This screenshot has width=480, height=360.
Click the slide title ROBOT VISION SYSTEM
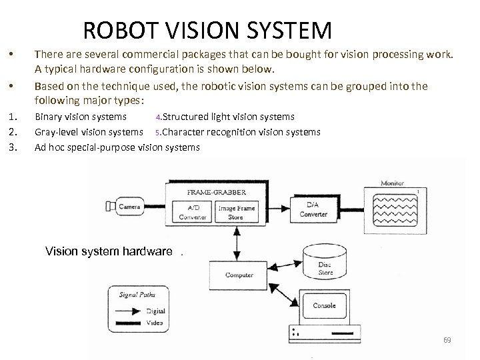coord(207,30)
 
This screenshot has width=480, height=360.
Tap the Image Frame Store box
coord(236,211)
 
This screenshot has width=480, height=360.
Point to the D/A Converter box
coord(313,209)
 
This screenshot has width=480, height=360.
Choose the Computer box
coord(239,274)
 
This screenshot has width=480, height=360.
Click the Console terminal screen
coord(325,306)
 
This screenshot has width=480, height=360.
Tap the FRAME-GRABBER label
coord(212,192)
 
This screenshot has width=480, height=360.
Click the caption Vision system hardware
coord(109,251)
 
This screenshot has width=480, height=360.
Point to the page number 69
coord(447,340)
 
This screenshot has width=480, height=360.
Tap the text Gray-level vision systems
coord(88,132)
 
